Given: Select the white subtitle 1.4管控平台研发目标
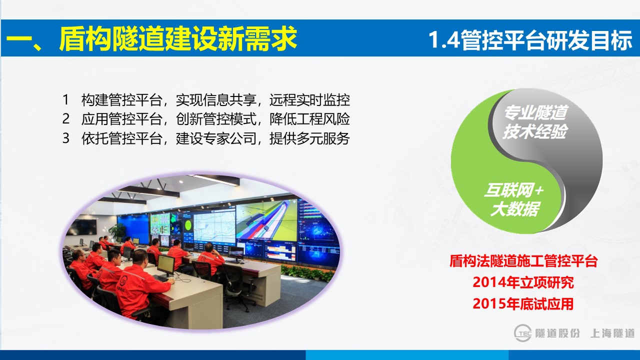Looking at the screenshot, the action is [x=530, y=40].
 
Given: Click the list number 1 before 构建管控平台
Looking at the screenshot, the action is [x=65, y=99].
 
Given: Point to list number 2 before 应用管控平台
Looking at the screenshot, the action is [x=65, y=119].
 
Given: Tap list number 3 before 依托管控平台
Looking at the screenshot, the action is [x=65, y=138].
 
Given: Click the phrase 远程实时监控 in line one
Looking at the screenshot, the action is [x=309, y=99].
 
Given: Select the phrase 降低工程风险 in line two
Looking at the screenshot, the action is [x=309, y=119].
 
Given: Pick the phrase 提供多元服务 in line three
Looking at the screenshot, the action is [x=309, y=138].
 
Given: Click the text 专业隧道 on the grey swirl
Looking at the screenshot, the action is [x=535, y=112].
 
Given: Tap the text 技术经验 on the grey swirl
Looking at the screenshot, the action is [x=535, y=131].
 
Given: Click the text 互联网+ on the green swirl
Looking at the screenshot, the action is [x=513, y=190].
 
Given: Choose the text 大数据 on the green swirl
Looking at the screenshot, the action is [x=515, y=209].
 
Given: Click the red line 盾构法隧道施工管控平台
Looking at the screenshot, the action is [x=523, y=261].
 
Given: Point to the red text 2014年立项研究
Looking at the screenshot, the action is [x=523, y=282].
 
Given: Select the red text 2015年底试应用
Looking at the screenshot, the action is [x=523, y=303].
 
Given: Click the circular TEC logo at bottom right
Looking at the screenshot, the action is [x=522, y=333].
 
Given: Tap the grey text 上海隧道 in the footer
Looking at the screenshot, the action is [x=612, y=333].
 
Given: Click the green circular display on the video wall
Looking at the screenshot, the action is [x=188, y=225].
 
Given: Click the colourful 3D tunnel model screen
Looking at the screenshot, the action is [x=266, y=221].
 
